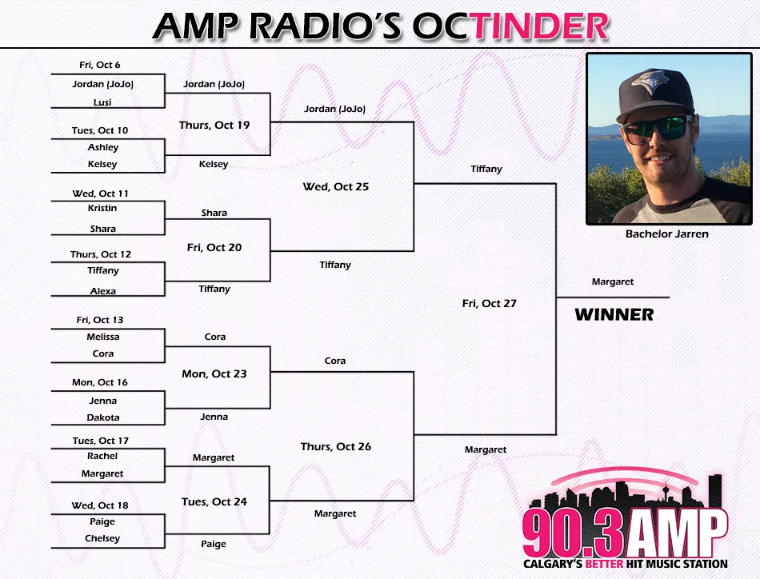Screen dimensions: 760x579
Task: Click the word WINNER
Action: coord(614,314)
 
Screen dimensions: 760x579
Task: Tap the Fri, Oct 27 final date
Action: coord(489,303)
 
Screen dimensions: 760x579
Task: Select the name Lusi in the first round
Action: coord(102,102)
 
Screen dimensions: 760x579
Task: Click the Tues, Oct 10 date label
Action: coord(100,130)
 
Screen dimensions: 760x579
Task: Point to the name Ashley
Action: coord(103,147)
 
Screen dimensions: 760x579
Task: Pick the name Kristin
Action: coord(102,208)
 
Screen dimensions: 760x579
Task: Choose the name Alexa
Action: coord(102,291)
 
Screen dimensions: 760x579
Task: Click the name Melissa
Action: coord(103,337)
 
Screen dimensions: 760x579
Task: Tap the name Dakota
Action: coord(103,417)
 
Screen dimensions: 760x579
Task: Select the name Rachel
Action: coord(102,456)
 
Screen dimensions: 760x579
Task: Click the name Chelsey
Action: coord(102,538)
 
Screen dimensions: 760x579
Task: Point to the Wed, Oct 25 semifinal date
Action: coord(336,186)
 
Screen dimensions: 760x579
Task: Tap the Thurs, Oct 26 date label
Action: coord(336,446)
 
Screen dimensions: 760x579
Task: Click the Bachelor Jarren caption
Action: coord(667,234)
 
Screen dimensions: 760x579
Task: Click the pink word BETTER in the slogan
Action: coord(604,564)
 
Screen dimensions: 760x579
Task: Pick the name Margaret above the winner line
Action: coord(613,282)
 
